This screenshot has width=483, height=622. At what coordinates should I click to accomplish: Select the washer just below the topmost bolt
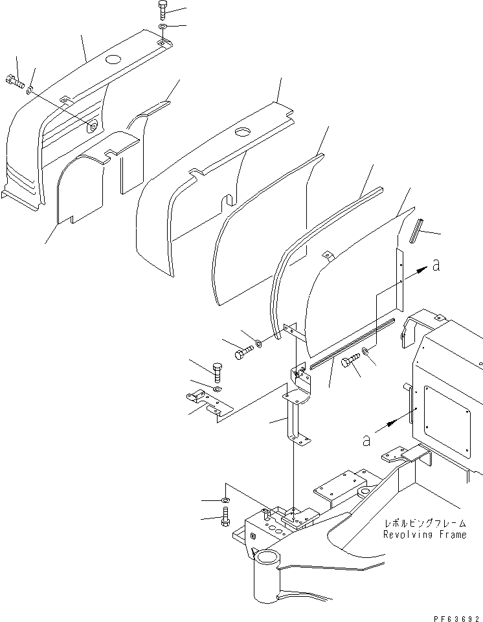pos(162,28)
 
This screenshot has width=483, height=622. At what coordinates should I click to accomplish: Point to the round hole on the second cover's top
pos(244,132)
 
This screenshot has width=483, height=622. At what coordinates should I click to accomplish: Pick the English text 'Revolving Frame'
pos(424,535)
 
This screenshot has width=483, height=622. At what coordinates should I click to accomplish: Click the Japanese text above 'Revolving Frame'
pos(424,523)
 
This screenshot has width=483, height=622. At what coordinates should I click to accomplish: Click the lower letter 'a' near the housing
pos(366,440)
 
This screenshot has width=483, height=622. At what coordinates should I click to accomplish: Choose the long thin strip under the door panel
pos(352,343)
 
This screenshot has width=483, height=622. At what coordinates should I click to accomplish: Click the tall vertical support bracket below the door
pos(295,414)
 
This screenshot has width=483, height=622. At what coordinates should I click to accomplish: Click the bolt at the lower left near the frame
pos(225,516)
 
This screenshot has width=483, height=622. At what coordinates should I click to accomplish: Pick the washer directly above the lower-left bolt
pos(225,500)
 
